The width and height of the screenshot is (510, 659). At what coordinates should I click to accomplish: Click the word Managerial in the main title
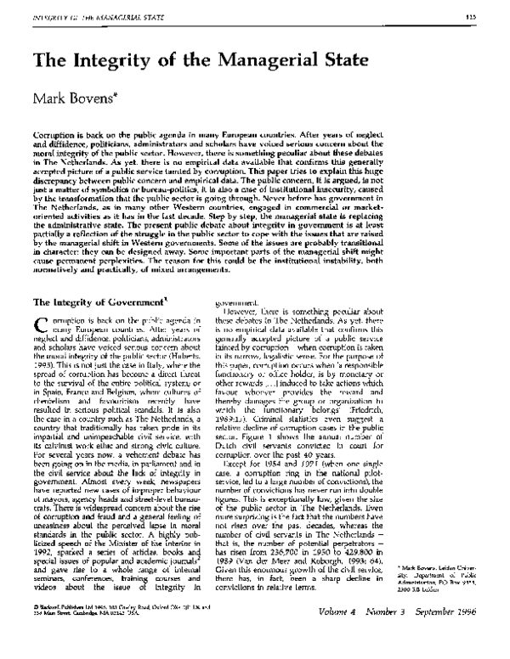263,63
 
